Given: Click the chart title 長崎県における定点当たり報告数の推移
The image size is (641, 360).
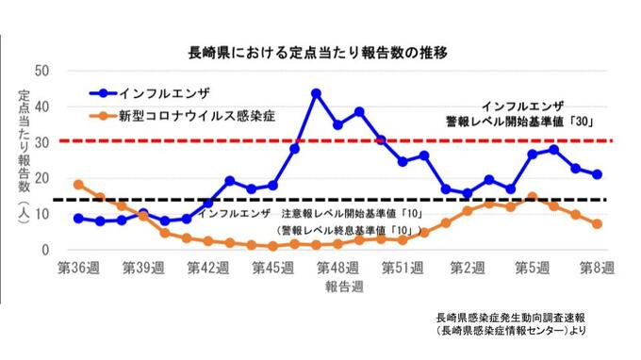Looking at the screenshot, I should (x=304, y=53).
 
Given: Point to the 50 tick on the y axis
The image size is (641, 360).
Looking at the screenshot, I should (x=41, y=70).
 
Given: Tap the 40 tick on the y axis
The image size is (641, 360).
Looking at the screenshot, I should (x=41, y=106).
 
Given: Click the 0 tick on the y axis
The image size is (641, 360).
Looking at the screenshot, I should (x=45, y=250).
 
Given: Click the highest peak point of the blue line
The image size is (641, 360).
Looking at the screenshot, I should (x=316, y=93).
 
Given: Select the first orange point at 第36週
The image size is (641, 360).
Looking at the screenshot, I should (x=78, y=185).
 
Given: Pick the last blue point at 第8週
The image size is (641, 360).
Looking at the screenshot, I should (x=597, y=174).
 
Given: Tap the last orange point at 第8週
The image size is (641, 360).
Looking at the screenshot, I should (x=597, y=224).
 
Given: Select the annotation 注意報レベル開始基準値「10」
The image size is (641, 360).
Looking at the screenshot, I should (x=348, y=214).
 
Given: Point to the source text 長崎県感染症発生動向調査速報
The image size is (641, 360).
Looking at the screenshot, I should (x=510, y=318).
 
